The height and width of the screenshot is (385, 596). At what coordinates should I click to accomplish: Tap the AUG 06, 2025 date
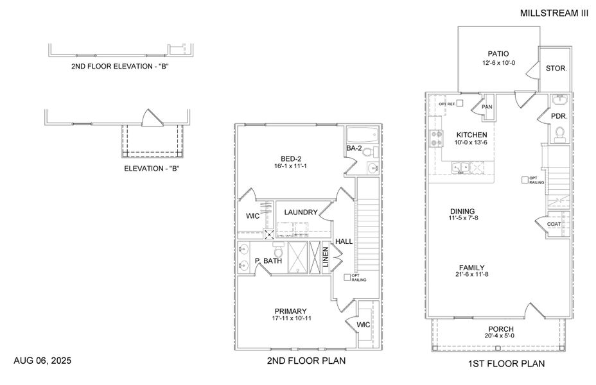point(42,361)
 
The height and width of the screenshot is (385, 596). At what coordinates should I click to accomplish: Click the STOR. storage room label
point(556,68)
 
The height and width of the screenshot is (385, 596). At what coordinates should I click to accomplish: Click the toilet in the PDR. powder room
point(559,133)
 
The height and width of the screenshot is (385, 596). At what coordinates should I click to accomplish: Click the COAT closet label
point(554,224)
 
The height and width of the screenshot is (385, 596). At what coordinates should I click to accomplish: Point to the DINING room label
point(462,210)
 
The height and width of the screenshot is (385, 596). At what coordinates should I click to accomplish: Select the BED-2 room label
point(291,158)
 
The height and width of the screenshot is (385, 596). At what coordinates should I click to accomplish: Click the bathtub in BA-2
point(362,135)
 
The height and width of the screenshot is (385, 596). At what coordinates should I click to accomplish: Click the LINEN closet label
point(326,258)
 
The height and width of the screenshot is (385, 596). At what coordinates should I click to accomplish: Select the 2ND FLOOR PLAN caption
point(306,361)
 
